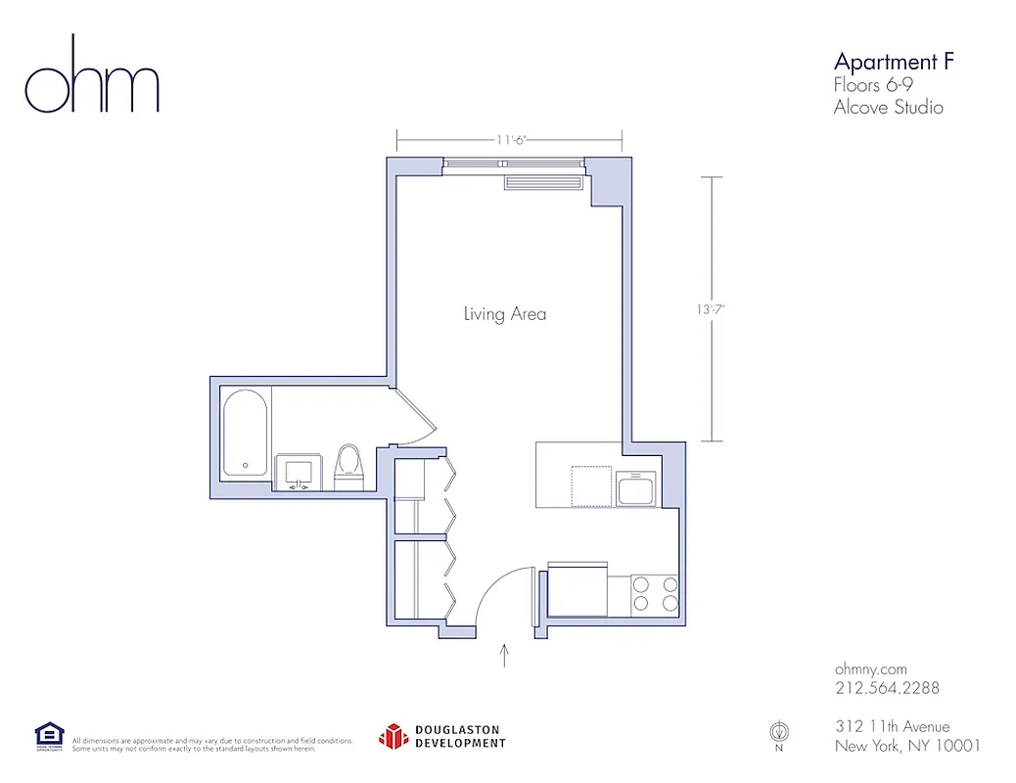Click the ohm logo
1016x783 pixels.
[x=91, y=76]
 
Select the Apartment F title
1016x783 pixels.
[x=893, y=62]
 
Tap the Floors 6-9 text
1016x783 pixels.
[x=874, y=85]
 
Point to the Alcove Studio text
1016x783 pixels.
[x=888, y=108]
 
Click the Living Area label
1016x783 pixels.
[x=504, y=314]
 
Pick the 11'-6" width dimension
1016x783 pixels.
[x=510, y=140]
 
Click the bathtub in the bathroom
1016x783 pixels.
[x=245, y=434]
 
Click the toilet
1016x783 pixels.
[x=348, y=467]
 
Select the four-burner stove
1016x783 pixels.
[x=655, y=593]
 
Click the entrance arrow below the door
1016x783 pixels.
[x=505, y=655]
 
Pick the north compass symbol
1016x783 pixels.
[x=779, y=733]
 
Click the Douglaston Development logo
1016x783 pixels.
[x=442, y=736]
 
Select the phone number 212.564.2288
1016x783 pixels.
[x=887, y=688]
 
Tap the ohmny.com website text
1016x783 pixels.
[x=871, y=668]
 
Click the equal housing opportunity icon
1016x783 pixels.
[x=49, y=735]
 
